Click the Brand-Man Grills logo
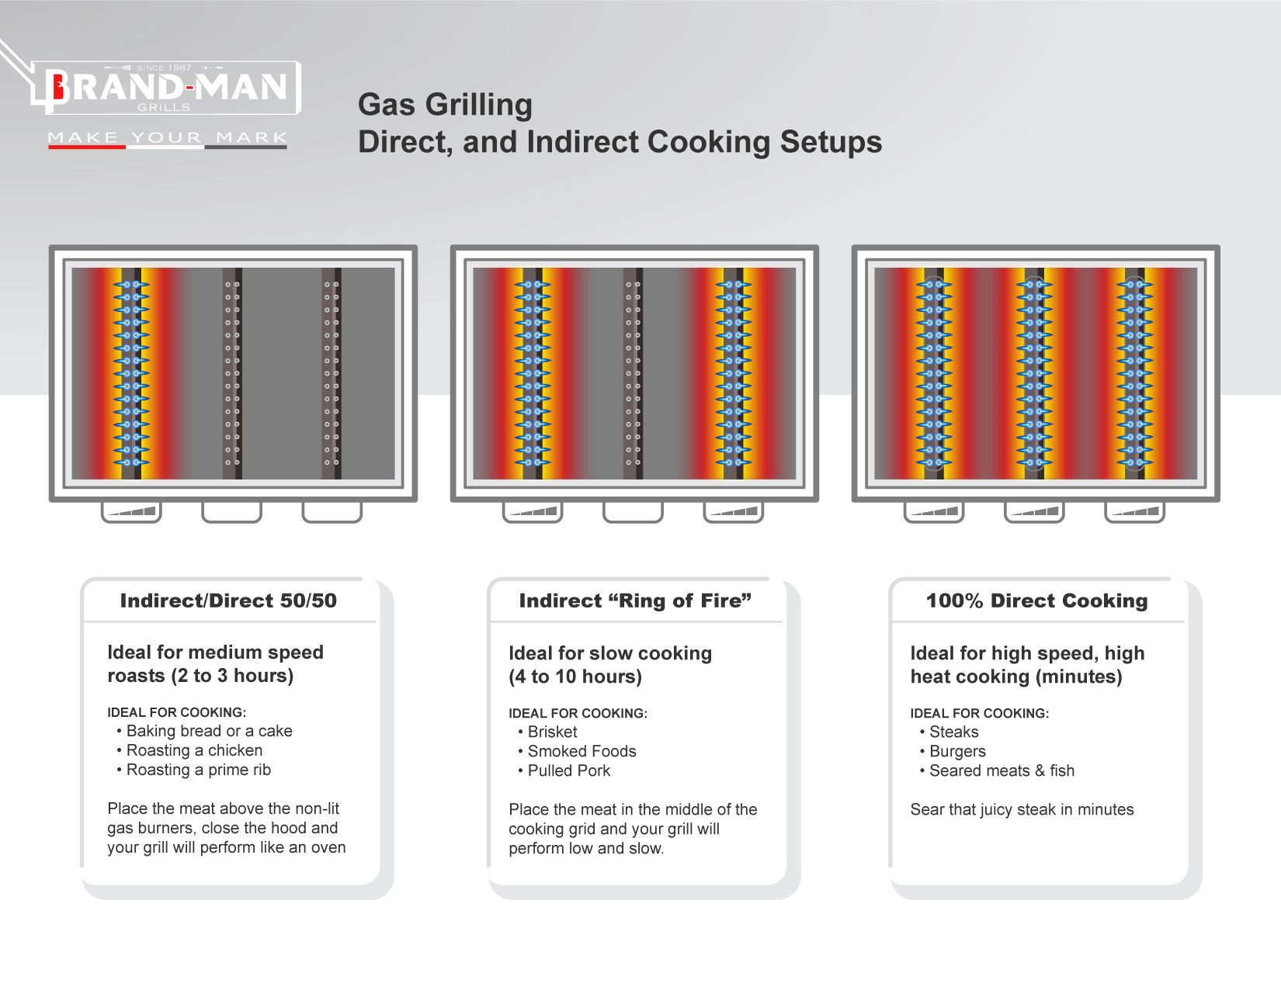point(166,87)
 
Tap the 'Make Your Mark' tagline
point(167,137)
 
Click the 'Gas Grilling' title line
point(445,105)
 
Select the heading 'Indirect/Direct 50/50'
point(228,601)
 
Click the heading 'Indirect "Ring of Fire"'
point(635,601)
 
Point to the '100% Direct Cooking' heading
point(1036,601)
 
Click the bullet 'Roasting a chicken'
point(194,750)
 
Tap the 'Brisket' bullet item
point(552,732)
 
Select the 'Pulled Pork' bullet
point(568,770)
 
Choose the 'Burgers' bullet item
point(957,751)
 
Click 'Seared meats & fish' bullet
point(1002,770)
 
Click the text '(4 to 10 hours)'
point(575,677)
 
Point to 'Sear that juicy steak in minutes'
point(1022,809)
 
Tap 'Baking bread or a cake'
point(209,731)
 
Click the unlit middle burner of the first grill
point(232,373)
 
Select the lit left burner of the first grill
point(132,373)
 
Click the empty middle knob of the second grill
point(633,511)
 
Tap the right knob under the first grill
point(332,511)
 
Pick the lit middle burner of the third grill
point(1034,373)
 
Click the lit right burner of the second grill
point(734,373)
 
